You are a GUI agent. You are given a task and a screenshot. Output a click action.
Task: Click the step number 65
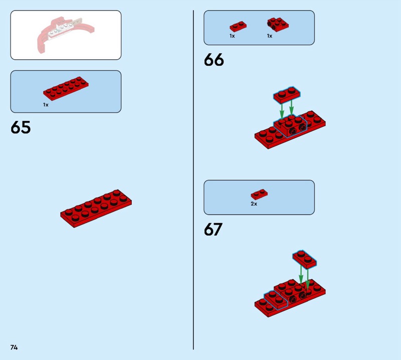pyautogui.click(x=21, y=127)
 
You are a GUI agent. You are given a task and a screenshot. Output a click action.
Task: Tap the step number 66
pyautogui.click(x=214, y=60)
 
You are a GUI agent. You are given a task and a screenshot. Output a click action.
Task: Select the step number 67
pyautogui.click(x=213, y=230)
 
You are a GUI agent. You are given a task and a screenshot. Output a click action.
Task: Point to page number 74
pyautogui.click(x=14, y=347)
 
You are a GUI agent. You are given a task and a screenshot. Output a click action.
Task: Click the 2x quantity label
pyautogui.click(x=254, y=204)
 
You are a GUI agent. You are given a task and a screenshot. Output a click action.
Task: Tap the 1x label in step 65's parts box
pyautogui.click(x=46, y=105)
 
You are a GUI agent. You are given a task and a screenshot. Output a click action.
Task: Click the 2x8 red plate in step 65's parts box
pyautogui.click(x=66, y=88)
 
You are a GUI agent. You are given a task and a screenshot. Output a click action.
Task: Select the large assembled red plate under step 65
pyautogui.click(x=96, y=209)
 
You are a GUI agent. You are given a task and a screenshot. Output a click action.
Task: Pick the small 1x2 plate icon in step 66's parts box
pyautogui.click(x=238, y=27)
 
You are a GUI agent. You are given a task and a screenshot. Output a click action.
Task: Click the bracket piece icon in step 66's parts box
pyautogui.click(x=278, y=24)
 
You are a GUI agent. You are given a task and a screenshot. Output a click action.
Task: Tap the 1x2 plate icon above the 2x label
pyautogui.click(x=259, y=195)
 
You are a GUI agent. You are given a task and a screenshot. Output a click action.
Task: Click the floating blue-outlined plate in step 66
pyautogui.click(x=287, y=95)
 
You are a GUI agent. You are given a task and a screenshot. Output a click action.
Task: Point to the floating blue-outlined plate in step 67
pyautogui.click(x=305, y=259)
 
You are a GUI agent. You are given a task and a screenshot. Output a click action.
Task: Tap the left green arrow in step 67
pyautogui.click(x=301, y=274)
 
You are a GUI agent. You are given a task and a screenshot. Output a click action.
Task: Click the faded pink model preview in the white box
pyautogui.click(x=66, y=35)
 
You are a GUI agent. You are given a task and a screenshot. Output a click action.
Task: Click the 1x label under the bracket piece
pyautogui.click(x=270, y=36)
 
